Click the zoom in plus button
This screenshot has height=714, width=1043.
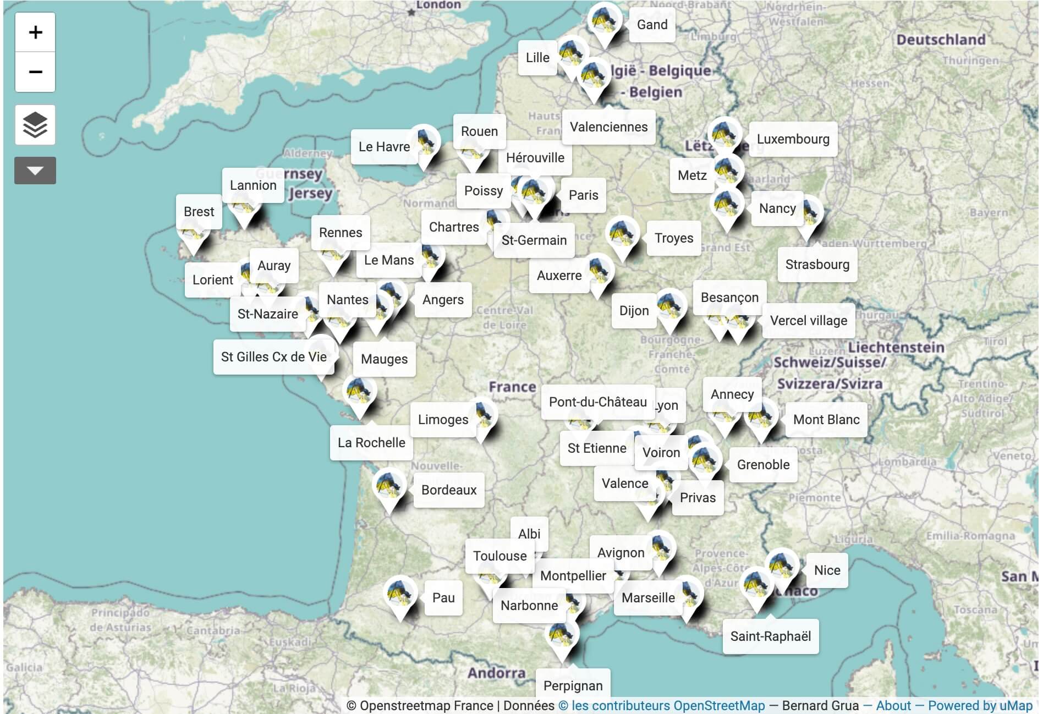[35, 32]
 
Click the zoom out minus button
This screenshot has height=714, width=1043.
[35, 72]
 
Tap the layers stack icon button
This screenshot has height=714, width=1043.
[35, 125]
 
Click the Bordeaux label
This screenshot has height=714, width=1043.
[448, 490]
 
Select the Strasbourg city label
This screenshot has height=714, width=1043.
[817, 265]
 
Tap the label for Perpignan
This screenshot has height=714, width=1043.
[573, 685]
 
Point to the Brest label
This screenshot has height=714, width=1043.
[199, 212]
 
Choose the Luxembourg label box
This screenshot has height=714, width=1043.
[793, 139]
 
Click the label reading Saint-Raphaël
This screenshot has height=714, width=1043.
[770, 636]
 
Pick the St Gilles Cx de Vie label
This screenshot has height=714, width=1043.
[273, 357]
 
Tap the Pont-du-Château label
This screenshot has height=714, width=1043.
[597, 402]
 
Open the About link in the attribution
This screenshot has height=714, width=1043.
[893, 706]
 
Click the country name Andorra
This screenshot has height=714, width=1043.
[496, 673]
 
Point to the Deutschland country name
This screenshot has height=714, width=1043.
[941, 40]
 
